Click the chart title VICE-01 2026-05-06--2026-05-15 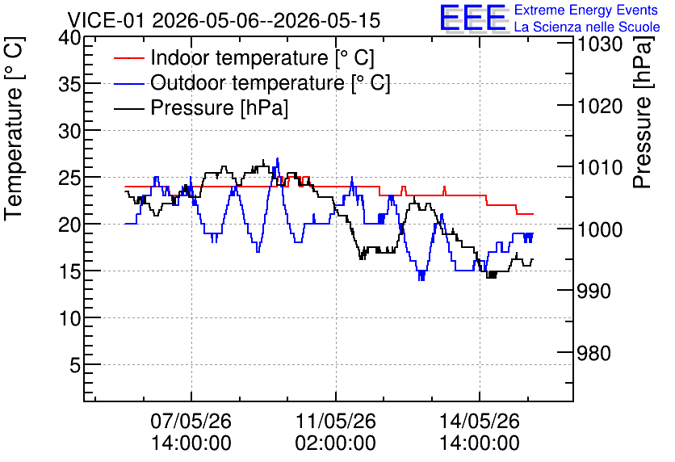coord(224,20)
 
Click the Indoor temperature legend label coord(262,57)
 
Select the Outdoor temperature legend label coord(270,82)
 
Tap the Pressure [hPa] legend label coord(219,107)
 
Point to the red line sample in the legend coord(128,58)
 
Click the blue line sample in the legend coord(128,83)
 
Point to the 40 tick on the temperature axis coord(69,38)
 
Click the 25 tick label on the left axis coord(69,178)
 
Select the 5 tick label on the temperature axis coord(75,365)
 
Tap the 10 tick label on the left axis coord(69,318)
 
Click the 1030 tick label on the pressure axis coord(600,44)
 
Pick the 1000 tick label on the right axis coord(600,229)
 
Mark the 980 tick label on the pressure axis coord(594,354)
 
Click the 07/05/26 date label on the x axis coord(191,421)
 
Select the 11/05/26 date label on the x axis coord(335,421)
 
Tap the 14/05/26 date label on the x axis coord(480,421)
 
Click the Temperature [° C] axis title coord(14,128)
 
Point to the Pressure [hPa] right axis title coord(644,112)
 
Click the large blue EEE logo coord(472,18)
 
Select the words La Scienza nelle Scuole coord(587,27)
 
